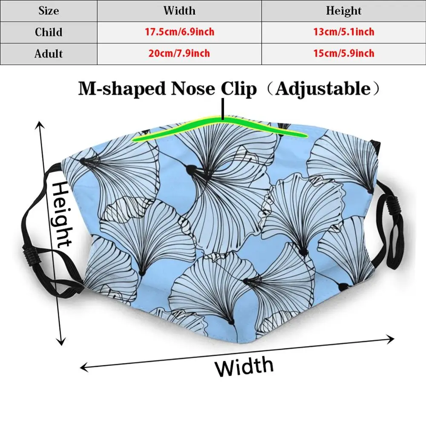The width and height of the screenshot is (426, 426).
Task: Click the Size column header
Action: tap(49, 11)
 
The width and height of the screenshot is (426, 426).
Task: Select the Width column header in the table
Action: tap(179, 11)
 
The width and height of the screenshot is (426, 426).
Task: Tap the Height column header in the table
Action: tap(343, 11)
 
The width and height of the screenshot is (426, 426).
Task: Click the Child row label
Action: tap(49, 32)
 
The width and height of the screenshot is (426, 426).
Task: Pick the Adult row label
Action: tap(49, 54)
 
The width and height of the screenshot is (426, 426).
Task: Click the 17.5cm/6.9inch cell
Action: tap(179, 32)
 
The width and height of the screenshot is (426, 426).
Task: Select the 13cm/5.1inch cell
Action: tap(343, 32)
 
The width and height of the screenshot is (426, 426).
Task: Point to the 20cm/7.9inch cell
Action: tap(179, 54)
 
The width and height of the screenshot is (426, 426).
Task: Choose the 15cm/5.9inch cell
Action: tap(343, 54)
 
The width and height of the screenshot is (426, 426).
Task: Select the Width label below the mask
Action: tap(244, 367)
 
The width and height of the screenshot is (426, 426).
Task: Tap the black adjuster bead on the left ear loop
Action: tap(31, 254)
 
